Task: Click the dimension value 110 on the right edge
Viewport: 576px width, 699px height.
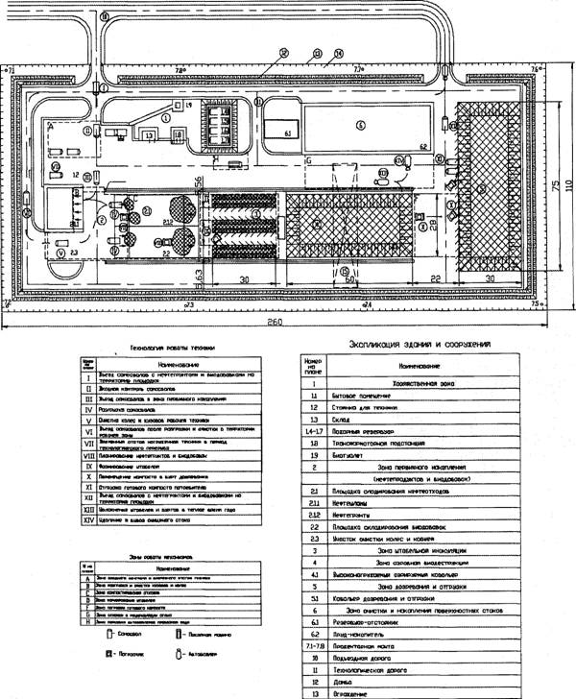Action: (567, 183)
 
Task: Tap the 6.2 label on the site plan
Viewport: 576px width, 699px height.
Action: (423, 144)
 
